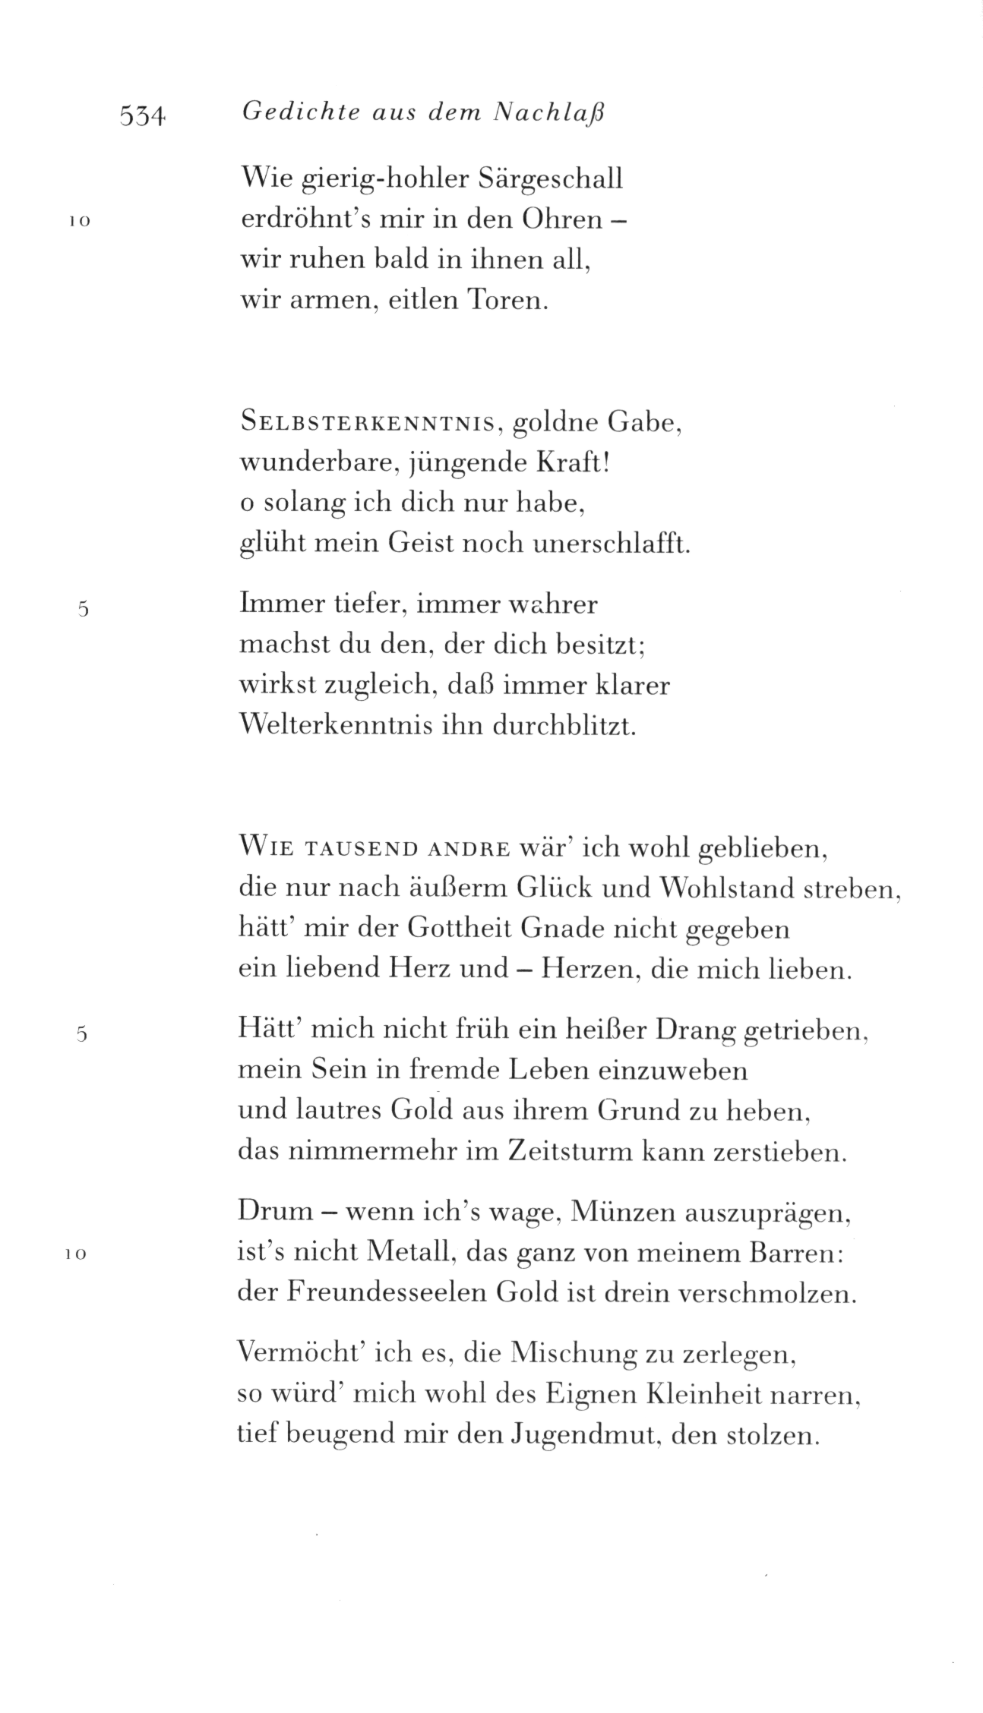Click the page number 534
pos(142,116)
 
